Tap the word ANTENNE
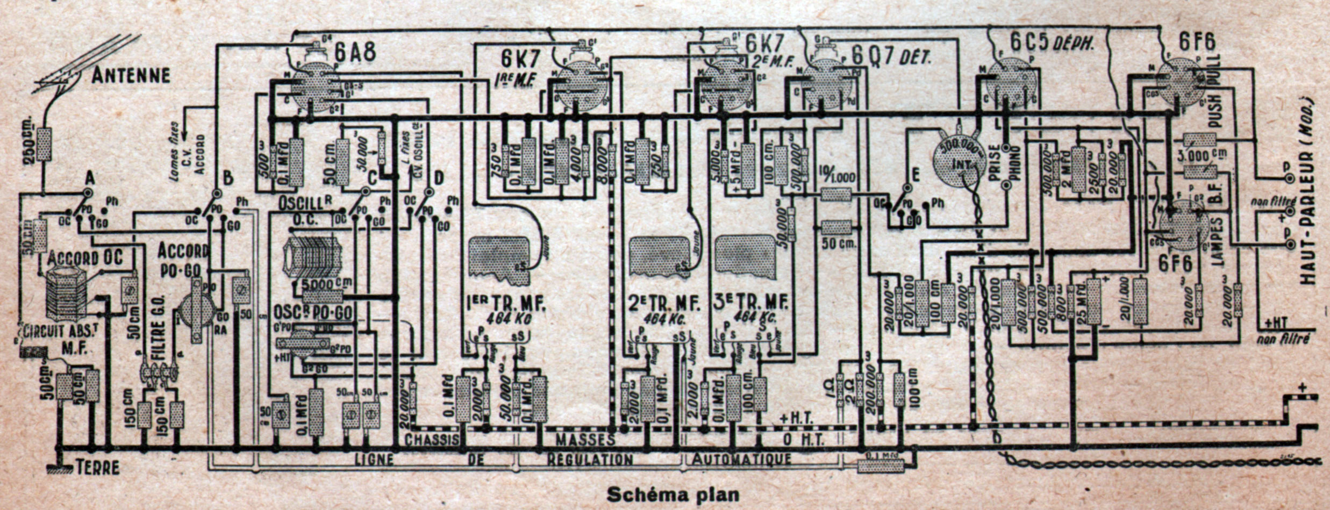point(131,76)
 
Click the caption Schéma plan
point(673,494)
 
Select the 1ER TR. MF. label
point(507,304)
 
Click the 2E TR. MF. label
point(664,304)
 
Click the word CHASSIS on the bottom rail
point(432,439)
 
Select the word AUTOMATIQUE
point(741,459)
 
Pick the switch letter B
point(228,178)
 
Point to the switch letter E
point(916,174)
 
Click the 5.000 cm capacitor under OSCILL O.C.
point(323,296)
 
